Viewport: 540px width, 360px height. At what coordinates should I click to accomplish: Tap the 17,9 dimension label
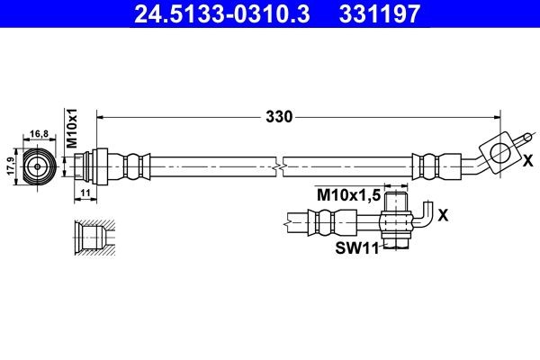(x=11, y=166)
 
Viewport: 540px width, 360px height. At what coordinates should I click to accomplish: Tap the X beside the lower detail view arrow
(x=444, y=216)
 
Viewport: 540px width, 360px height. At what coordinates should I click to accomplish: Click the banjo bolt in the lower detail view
(x=395, y=219)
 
